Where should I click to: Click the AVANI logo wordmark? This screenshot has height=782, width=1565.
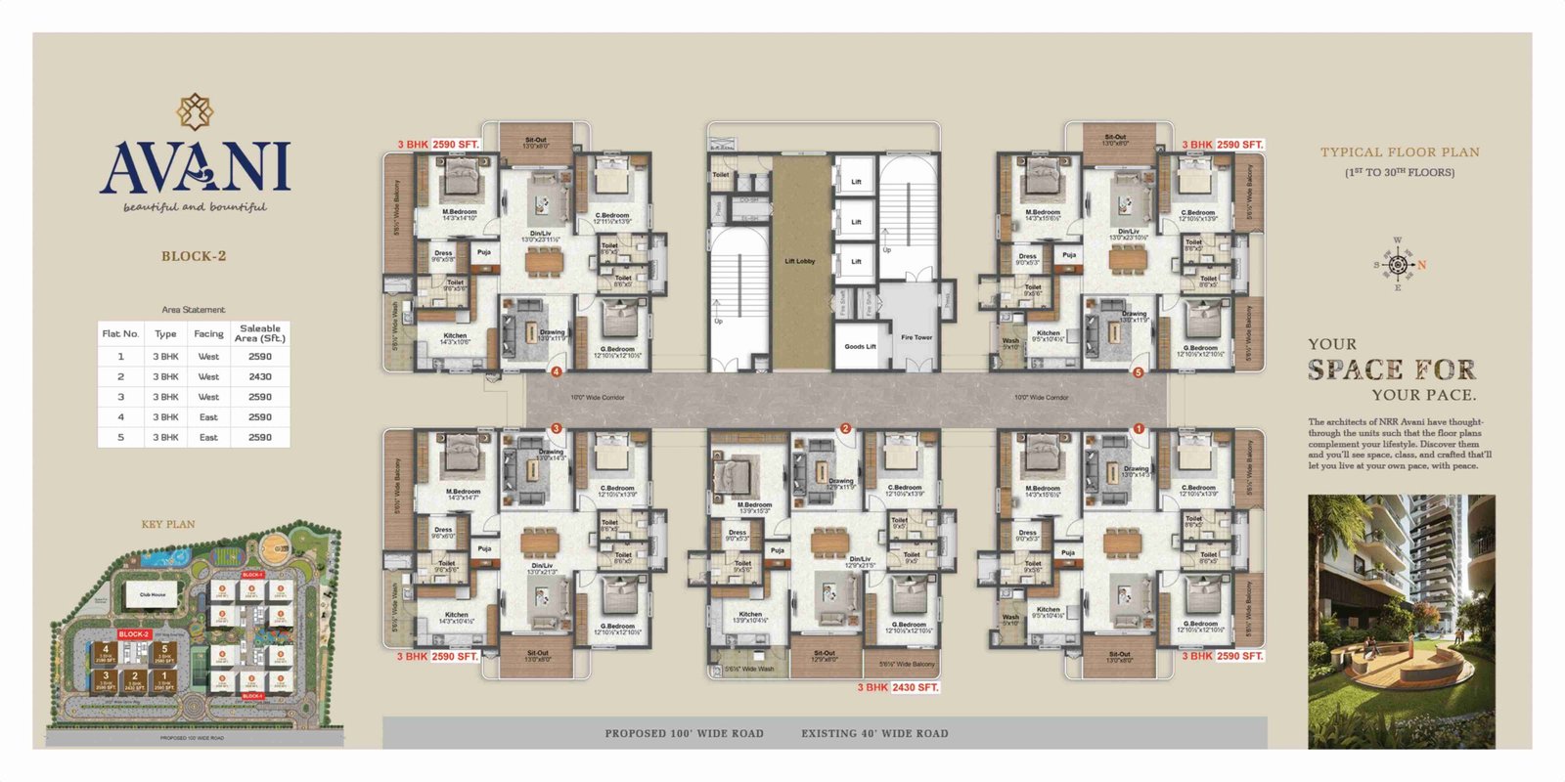click(x=194, y=166)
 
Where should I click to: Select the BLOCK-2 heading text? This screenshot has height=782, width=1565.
click(x=194, y=256)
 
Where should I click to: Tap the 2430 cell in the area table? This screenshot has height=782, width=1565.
click(x=260, y=376)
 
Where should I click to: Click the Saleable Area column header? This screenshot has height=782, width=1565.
click(x=260, y=333)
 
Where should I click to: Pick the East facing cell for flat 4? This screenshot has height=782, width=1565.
click(x=208, y=417)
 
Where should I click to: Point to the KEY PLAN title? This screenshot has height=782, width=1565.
click(x=168, y=524)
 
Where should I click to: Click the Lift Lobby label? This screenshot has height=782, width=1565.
click(x=799, y=261)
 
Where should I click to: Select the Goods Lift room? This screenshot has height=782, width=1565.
click(x=860, y=346)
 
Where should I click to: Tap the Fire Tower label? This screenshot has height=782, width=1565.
click(x=917, y=337)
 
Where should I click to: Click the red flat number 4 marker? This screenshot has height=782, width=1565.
click(x=557, y=371)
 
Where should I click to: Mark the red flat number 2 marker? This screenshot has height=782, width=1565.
click(x=845, y=428)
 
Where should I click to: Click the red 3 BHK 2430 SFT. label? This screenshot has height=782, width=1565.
click(x=898, y=687)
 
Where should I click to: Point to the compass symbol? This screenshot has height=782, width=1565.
click(x=1398, y=265)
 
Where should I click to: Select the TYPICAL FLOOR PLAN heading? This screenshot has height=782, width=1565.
click(x=1400, y=152)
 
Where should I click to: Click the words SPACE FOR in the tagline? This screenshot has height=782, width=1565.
click(x=1391, y=369)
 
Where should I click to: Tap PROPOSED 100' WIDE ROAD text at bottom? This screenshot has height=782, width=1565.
click(x=684, y=733)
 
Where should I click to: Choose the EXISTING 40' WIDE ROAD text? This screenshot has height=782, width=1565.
click(x=874, y=733)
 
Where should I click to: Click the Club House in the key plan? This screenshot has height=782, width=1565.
click(x=153, y=594)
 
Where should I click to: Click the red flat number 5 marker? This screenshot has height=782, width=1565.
click(x=1138, y=371)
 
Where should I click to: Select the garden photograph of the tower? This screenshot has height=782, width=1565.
click(x=1401, y=622)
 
